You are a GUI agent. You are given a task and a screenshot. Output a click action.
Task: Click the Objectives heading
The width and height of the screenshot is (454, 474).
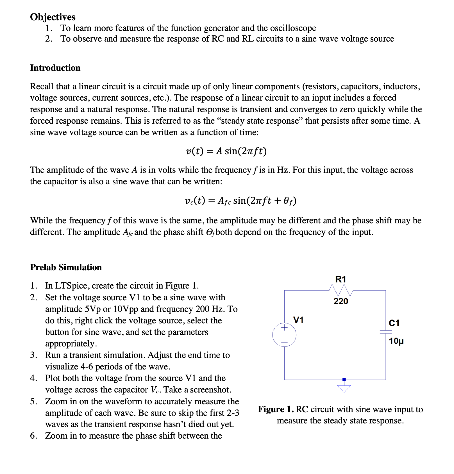53,17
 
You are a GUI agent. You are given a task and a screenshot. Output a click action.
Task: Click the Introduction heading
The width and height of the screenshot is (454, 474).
55,68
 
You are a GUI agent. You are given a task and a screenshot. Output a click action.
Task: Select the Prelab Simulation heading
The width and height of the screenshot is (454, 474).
66,267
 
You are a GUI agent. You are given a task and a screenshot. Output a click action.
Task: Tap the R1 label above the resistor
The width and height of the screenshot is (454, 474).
341,279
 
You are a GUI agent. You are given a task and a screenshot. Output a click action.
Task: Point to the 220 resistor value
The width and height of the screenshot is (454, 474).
341,301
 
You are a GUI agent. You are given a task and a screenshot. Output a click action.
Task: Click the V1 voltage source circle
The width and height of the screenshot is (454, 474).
284,335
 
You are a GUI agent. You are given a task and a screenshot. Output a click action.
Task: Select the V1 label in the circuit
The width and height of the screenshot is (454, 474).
298,320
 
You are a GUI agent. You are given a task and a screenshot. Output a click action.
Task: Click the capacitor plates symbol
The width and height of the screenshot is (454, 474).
385,332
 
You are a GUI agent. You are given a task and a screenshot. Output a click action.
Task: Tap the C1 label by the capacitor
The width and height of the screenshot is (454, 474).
394,323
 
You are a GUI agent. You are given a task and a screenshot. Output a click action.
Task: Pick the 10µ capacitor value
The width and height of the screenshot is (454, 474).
396,341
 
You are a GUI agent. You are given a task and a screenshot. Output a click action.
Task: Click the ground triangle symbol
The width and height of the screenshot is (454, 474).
344,389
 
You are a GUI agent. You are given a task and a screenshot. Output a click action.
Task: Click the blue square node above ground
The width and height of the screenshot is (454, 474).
344,380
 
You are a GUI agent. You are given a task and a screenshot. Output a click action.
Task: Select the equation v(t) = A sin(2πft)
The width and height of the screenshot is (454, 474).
226,151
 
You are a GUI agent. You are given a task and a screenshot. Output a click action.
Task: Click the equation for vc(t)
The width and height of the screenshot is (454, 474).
240,201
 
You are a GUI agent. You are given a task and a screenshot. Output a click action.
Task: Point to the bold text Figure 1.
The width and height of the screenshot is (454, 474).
276,409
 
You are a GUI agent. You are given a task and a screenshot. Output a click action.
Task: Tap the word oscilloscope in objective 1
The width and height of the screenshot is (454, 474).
293,28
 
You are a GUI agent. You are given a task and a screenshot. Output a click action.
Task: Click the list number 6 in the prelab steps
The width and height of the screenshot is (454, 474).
33,436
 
